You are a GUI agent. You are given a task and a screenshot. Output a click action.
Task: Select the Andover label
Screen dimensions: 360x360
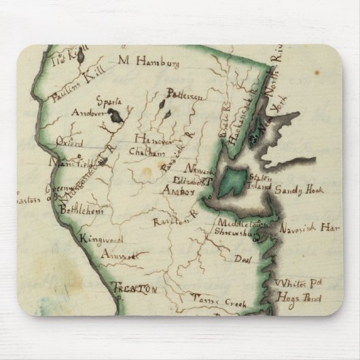[x=92, y=114]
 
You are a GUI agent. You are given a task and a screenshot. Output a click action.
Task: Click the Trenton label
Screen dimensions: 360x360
[x=134, y=289]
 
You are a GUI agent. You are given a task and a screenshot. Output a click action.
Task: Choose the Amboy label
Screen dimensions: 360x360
[x=177, y=192]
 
